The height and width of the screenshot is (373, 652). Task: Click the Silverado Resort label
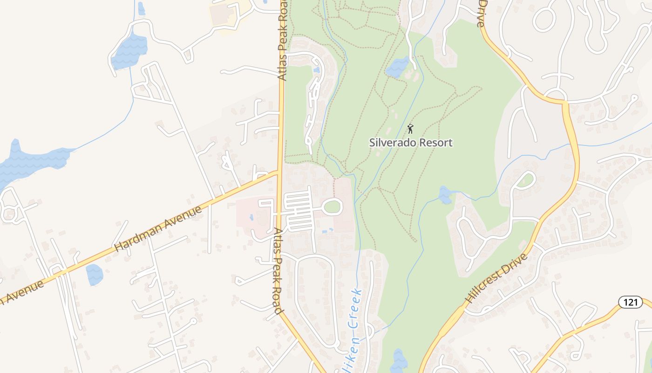point(411,143)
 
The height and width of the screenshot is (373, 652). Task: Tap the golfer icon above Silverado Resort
point(410,128)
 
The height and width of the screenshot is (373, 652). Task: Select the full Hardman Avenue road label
point(158,228)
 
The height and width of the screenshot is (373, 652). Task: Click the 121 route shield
point(631,302)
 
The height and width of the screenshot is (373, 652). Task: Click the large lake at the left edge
point(33,159)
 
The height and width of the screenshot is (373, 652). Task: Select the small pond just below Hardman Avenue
point(95,274)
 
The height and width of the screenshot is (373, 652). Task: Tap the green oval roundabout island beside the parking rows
point(332,206)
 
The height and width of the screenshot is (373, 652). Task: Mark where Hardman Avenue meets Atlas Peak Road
point(279,173)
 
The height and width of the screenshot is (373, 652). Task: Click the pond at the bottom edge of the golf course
point(399,360)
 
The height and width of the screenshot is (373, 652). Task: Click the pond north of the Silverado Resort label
point(397,68)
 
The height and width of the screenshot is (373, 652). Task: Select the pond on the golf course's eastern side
point(445,194)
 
